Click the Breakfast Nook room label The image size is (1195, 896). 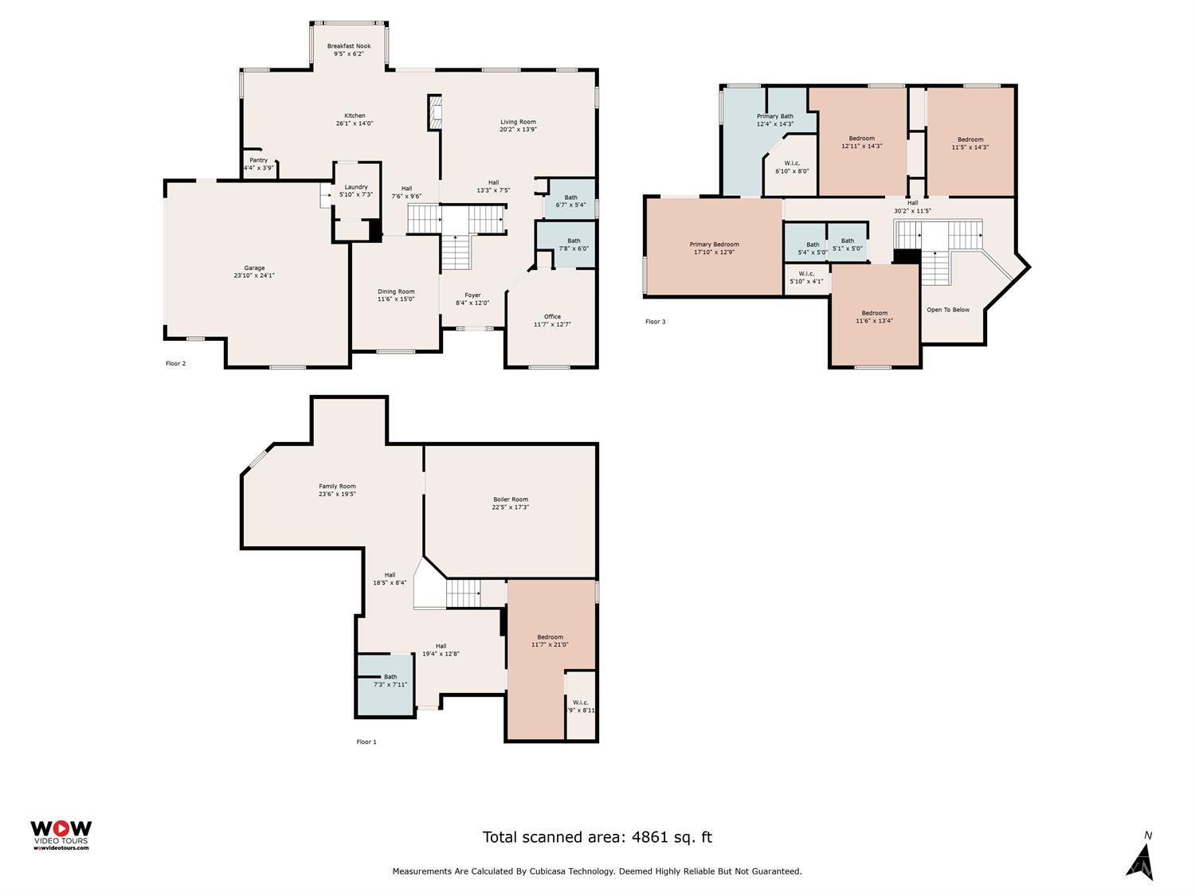click(x=349, y=46)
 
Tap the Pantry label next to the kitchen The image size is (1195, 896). click(x=258, y=160)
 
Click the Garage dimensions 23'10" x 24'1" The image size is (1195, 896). click(x=254, y=276)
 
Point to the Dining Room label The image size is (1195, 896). click(x=396, y=291)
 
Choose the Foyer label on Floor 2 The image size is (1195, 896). click(x=472, y=295)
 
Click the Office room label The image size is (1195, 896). click(x=552, y=317)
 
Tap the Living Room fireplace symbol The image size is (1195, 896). click(x=434, y=112)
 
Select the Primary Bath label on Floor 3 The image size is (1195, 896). click(x=774, y=116)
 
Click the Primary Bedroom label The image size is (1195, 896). click(x=714, y=245)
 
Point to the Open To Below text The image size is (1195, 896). click(x=948, y=310)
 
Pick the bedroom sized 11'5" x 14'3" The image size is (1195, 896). click(x=970, y=143)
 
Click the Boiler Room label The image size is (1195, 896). click(x=511, y=499)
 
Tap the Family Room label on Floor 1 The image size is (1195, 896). click(x=337, y=487)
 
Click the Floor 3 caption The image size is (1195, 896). click(x=655, y=322)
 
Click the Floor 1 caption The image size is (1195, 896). click(x=366, y=741)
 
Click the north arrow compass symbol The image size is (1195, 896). click(x=1141, y=859)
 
